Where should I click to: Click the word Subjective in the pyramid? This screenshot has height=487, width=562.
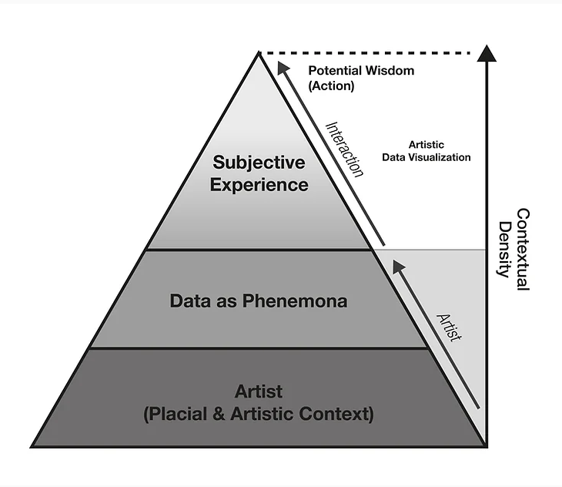click(259, 163)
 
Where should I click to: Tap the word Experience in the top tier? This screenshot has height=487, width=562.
click(259, 185)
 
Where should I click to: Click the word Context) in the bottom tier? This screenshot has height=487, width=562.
click(338, 414)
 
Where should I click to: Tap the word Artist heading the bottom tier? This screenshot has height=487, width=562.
click(259, 391)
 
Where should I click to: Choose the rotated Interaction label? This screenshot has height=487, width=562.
click(344, 149)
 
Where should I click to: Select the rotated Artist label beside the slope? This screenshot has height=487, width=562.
click(448, 327)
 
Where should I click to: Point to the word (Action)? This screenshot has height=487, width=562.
click(331, 86)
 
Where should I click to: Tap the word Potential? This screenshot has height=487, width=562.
click(334, 71)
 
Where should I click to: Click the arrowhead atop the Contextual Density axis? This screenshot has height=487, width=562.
click(486, 53)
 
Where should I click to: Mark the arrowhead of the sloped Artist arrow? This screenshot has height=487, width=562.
click(398, 267)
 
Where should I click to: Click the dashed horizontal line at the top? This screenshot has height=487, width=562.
click(370, 52)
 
